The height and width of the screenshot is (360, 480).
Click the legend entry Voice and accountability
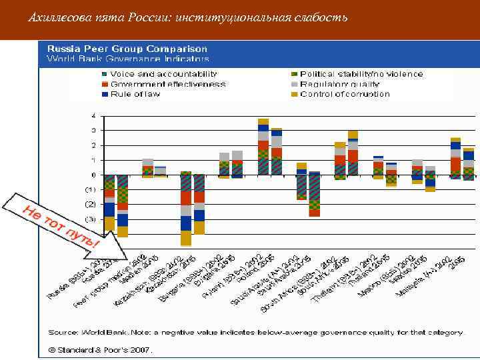[163, 73]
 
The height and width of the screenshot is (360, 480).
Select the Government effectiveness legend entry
[167, 84]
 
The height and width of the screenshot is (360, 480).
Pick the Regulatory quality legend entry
[340, 84]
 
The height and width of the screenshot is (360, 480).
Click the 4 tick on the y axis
[92, 115]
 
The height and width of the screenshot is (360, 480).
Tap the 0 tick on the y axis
[92, 175]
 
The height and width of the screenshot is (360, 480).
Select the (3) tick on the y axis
[89, 219]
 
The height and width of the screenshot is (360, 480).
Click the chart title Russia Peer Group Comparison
[127, 49]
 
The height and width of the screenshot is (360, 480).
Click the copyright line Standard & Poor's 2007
[100, 349]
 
